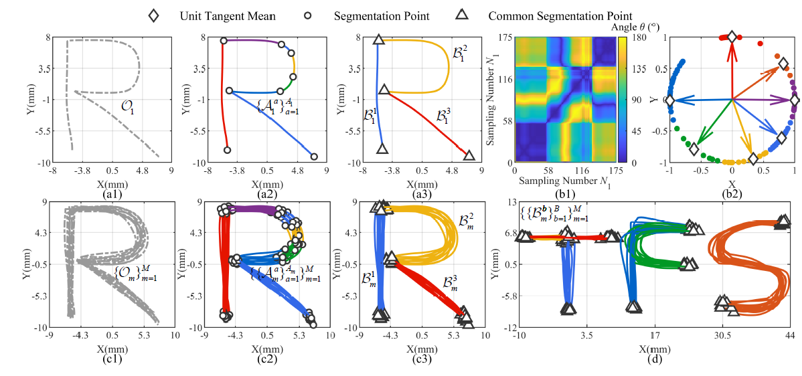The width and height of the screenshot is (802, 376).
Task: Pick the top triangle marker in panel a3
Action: (378, 40)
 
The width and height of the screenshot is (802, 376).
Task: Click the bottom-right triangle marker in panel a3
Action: (469, 155)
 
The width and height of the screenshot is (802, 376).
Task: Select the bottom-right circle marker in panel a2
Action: (314, 157)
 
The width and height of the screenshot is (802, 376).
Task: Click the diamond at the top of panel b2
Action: (732, 37)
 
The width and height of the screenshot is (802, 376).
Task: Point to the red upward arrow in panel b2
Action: (732, 67)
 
